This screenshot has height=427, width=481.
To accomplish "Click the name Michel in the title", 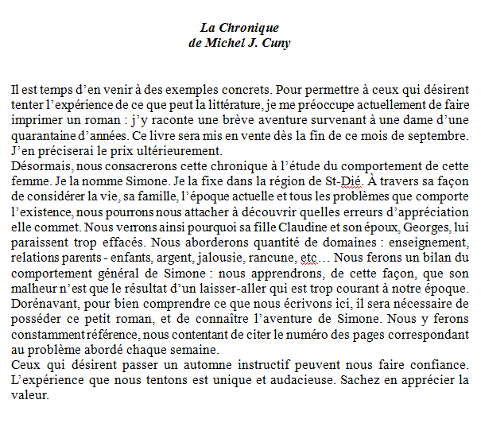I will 233,43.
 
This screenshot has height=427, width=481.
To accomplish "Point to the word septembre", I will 440,135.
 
